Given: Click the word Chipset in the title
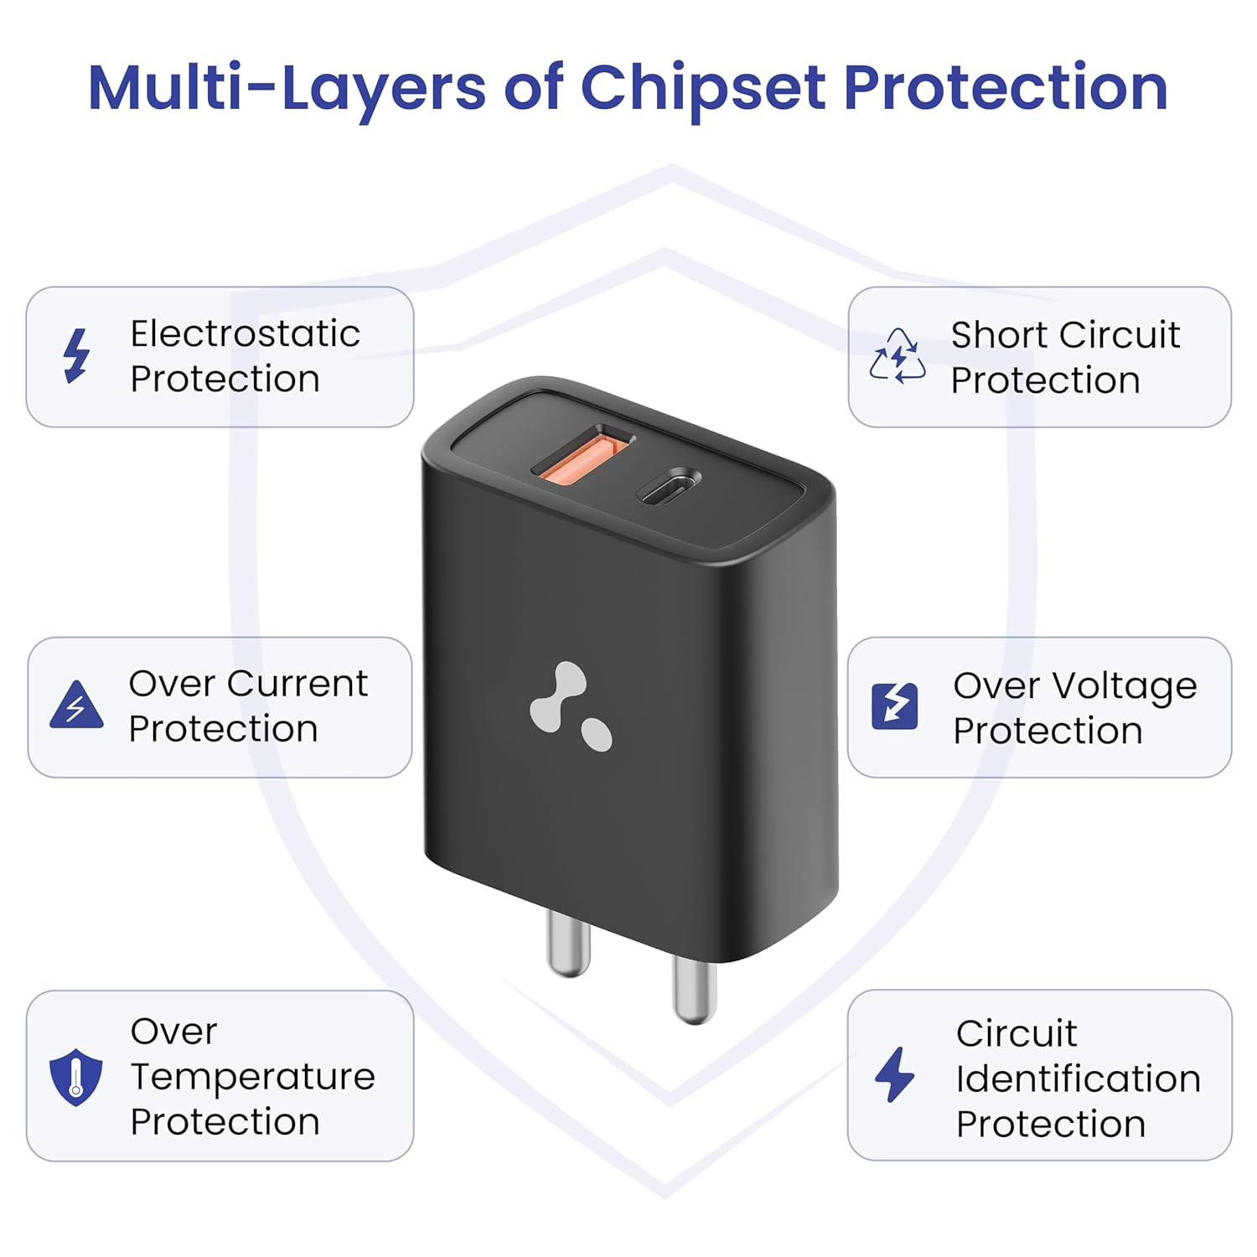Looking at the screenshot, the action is pos(702,89).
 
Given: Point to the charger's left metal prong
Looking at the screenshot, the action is pos(569,943).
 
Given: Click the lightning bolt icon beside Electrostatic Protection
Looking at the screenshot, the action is pos(77,356).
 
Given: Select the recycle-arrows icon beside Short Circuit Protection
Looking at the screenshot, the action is pos(897,356).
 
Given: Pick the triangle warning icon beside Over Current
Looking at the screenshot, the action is pos(76,705).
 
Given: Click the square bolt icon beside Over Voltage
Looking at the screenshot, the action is pos(895,706).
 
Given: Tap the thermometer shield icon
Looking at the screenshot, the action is pos(76,1077).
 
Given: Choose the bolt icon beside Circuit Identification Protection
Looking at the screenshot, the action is pos(895,1074).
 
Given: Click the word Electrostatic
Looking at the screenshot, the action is pos(246,334).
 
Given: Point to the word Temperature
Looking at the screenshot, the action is pos(253,1078).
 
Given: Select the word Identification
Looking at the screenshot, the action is pos(1079,1079).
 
